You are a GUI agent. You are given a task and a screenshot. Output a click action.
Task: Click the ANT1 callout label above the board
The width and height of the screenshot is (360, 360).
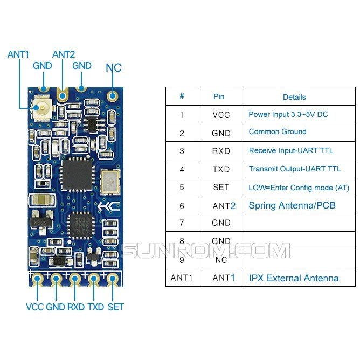point(18,54)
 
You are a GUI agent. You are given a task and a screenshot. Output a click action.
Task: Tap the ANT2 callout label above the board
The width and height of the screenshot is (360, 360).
point(64,54)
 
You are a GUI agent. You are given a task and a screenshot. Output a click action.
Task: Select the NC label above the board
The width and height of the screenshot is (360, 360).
point(113,68)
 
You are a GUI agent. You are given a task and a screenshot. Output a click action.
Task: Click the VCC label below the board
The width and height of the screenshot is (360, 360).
point(34,307)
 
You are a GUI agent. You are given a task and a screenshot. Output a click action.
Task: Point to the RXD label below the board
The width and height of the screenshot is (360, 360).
point(75,307)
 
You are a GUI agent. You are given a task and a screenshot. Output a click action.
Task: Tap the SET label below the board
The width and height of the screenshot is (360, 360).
point(115,307)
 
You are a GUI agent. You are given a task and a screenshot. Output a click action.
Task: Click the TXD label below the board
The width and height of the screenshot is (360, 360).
point(95,307)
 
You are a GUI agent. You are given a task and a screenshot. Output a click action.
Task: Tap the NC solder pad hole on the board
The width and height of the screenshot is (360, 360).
point(113,97)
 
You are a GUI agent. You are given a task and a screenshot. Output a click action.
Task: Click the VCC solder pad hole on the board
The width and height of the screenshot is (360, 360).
point(38,279)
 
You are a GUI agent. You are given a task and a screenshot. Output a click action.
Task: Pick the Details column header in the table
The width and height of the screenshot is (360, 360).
point(294,97)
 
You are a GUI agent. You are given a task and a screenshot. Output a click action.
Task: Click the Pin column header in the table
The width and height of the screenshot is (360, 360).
point(219,96)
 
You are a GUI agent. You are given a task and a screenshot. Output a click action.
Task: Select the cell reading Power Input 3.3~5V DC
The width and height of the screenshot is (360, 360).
point(288,114)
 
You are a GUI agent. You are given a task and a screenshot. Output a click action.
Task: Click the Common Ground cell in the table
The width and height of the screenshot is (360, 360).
point(278,131)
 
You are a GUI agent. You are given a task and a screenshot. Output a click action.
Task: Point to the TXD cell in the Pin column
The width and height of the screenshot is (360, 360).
point(221,169)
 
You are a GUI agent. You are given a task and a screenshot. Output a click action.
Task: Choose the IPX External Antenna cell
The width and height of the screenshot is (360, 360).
point(294,278)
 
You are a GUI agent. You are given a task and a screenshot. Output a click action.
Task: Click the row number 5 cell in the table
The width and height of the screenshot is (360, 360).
point(182,187)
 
